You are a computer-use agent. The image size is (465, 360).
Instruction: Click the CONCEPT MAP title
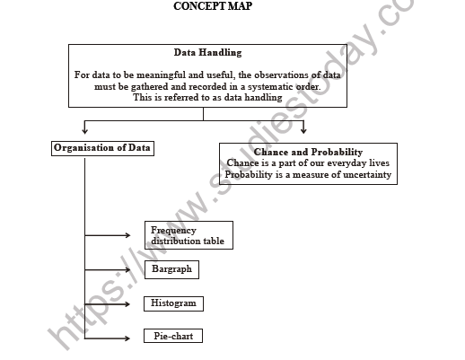[x=212, y=7]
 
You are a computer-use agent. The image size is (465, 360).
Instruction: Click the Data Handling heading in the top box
[x=207, y=54]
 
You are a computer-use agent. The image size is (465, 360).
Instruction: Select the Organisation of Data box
[x=102, y=148]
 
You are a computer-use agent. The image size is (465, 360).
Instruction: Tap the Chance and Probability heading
[x=308, y=152]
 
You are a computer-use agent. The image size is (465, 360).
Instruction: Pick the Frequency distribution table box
[x=188, y=235]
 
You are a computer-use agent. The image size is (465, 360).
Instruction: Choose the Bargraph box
[x=170, y=268]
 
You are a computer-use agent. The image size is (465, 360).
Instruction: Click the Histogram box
[x=173, y=303]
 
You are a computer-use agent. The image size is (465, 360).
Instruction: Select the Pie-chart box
[x=172, y=337]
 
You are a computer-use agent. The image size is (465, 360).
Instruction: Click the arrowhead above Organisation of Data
[x=85, y=131]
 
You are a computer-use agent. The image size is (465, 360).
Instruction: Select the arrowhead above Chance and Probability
[x=303, y=131]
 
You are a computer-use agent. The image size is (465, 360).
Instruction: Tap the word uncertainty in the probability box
[x=358, y=174]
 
